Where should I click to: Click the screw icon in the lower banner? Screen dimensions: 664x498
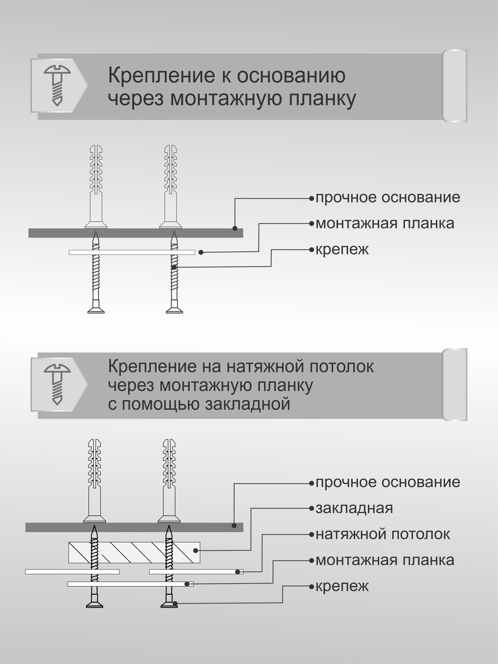tap(57, 384)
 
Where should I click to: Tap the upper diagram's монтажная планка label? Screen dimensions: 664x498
tap(384, 223)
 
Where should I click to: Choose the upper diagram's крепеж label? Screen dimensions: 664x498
tap(342, 250)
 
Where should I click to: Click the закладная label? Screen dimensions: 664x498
tap(354, 508)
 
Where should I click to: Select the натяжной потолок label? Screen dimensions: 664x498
tap(382, 534)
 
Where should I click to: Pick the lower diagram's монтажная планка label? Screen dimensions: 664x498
tap(384, 560)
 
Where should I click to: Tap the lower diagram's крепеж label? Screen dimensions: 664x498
tap(342, 586)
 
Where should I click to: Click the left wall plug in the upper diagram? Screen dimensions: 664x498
tap(96, 186)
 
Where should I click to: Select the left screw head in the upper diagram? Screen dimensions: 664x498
tap(96, 310)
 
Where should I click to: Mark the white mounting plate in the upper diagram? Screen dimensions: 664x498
tap(132, 252)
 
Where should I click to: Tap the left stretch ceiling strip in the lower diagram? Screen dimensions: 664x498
tap(72, 572)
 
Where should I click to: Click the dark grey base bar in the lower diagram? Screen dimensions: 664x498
tap(134, 527)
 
